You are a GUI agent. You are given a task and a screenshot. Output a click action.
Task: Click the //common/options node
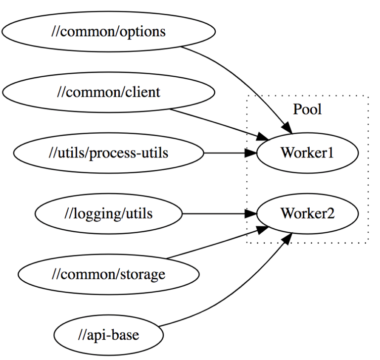pyautogui.click(x=108, y=32)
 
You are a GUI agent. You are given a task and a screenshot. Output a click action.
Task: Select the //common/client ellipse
pyautogui.click(x=108, y=92)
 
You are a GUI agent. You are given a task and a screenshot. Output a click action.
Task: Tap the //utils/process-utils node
pyautogui.click(x=108, y=153)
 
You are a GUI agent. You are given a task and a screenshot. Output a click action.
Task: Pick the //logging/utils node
pyautogui.click(x=108, y=214)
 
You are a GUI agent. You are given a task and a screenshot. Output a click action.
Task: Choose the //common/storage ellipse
pyautogui.click(x=108, y=274)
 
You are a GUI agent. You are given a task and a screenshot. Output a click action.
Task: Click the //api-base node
pyautogui.click(x=108, y=335)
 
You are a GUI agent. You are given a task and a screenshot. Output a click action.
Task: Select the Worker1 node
pyautogui.click(x=307, y=153)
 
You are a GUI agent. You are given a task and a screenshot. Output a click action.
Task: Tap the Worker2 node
pyautogui.click(x=307, y=214)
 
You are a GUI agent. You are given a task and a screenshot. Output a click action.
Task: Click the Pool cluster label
pyautogui.click(x=307, y=109)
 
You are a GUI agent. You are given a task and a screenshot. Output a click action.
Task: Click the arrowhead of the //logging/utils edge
pyautogui.click(x=251, y=214)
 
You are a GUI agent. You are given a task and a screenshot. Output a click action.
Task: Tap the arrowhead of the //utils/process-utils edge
pyautogui.click(x=251, y=153)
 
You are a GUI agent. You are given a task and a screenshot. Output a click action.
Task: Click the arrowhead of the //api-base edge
pyautogui.click(x=285, y=240)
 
